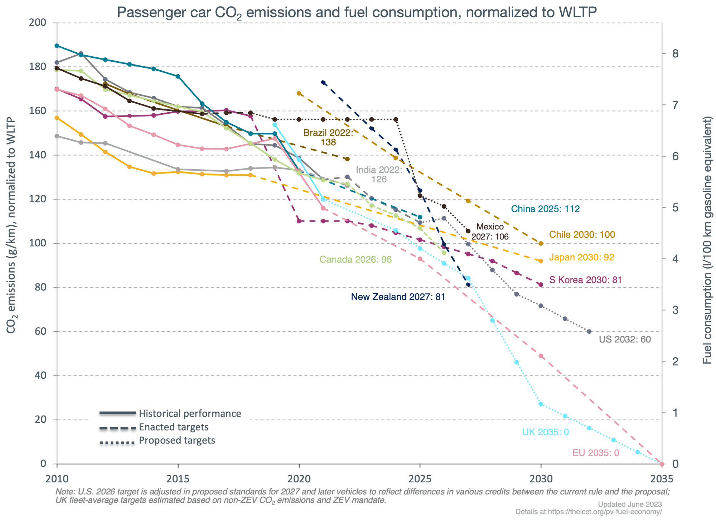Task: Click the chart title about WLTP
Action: pos(357,13)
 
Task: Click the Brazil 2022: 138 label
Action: pos(328,137)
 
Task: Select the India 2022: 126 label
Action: pos(379,174)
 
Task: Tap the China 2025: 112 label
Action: pos(545,209)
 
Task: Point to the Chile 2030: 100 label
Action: pos(582,235)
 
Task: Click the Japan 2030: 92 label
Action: pos(581,257)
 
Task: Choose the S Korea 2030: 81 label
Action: pos(585,280)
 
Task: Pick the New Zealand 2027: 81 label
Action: pos(398,297)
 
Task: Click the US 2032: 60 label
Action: pos(625,339)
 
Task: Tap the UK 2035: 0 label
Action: pos(545,432)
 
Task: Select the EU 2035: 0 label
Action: pos(595,453)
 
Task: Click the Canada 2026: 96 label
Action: pos(355,259)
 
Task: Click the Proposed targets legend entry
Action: pos(177,440)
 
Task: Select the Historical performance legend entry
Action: pos(190,413)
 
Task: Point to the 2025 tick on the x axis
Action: pos(420,479)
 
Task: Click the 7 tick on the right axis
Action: pos(675,105)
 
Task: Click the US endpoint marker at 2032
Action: pos(589,332)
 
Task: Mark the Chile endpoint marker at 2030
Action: pos(541,243)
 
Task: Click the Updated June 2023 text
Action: pos(630,505)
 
